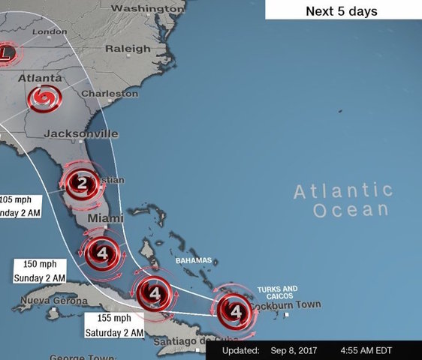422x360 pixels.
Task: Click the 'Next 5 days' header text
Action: coord(341,11)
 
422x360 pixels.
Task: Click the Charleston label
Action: coord(110,94)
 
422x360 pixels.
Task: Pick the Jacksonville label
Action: coord(81,133)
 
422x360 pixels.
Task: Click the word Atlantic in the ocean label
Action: coord(342,190)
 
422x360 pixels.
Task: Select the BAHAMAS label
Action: coord(194,260)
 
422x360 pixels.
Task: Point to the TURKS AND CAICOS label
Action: coord(277,292)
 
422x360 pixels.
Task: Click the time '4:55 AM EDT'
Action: coord(367,350)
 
